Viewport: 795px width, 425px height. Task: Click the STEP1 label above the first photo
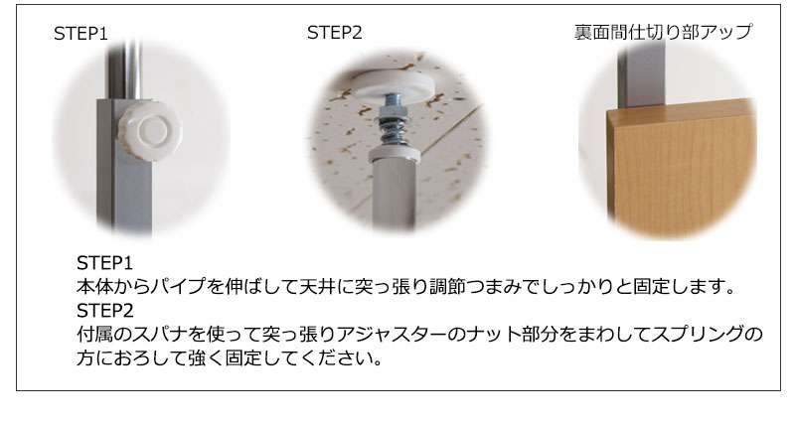80,34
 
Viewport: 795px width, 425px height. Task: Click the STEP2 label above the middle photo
335,33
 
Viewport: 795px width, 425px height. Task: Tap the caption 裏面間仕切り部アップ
663,32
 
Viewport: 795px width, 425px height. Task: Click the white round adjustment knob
150,131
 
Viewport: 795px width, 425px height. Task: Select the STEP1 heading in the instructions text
104,263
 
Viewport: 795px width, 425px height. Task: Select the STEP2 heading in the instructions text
105,310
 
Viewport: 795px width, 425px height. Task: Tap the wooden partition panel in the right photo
683,169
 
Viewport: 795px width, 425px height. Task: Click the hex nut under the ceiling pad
393,108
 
